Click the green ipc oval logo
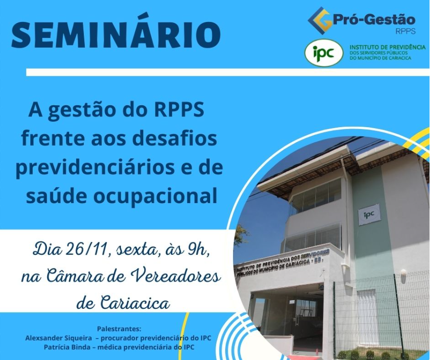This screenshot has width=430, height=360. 324,53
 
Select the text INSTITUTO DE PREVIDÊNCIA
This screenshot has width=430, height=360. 388,47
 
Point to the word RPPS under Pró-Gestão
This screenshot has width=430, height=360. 405,31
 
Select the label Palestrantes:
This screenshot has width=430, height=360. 119,329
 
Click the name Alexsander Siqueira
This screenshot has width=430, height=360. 59,338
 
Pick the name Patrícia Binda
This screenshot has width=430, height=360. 67,347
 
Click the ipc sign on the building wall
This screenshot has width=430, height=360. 369,214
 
